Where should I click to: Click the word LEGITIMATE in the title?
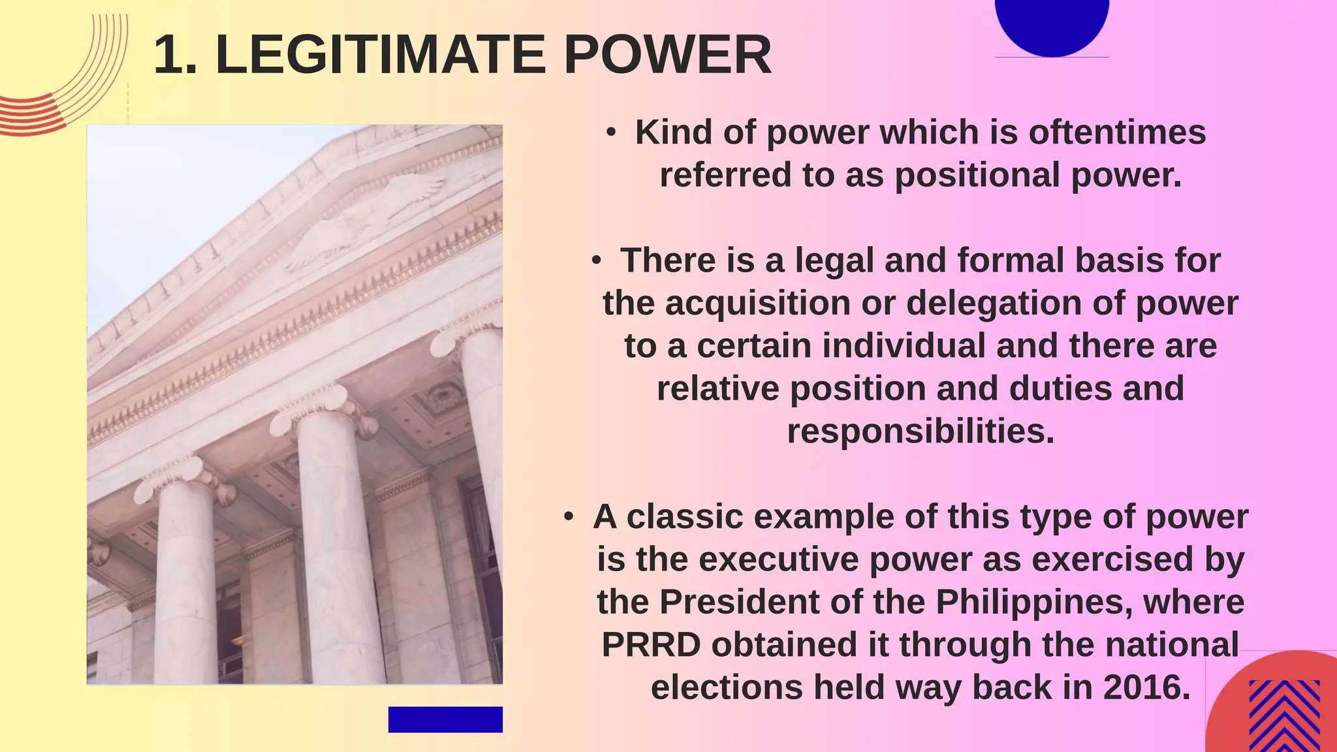click(x=380, y=55)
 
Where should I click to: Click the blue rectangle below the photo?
click(x=445, y=719)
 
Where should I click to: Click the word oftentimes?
click(x=1117, y=133)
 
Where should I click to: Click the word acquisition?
click(x=757, y=304)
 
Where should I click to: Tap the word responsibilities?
click(x=920, y=431)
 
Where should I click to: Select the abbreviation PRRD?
click(x=651, y=645)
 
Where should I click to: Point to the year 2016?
click(x=1146, y=687)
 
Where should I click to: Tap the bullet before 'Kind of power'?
click(x=611, y=133)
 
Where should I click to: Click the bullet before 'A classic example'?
click(x=569, y=517)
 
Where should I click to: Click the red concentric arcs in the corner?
click(x=59, y=91)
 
